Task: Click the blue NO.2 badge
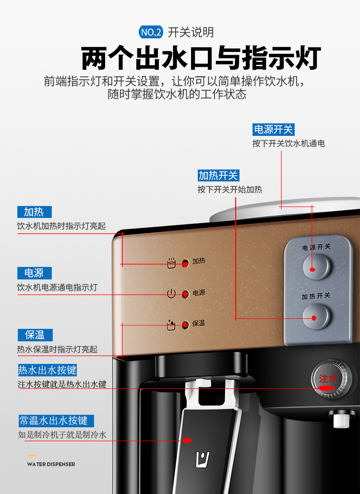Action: point(151,32)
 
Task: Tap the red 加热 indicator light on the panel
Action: point(185,263)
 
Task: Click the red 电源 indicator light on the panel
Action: point(185,294)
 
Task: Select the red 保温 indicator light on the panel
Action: point(185,325)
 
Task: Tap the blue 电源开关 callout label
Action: point(274,130)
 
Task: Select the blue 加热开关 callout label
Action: point(218,176)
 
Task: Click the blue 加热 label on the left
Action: point(35,212)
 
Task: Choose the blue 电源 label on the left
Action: point(35,273)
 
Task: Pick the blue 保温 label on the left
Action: point(35,335)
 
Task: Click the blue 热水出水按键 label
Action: point(47,370)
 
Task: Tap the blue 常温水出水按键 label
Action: point(56,421)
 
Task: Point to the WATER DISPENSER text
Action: point(51,464)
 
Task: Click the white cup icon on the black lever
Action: point(203,459)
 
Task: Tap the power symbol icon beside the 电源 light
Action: point(171,294)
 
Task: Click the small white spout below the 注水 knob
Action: point(341,419)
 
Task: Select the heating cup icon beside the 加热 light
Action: point(171,263)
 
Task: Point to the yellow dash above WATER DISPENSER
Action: point(32,456)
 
